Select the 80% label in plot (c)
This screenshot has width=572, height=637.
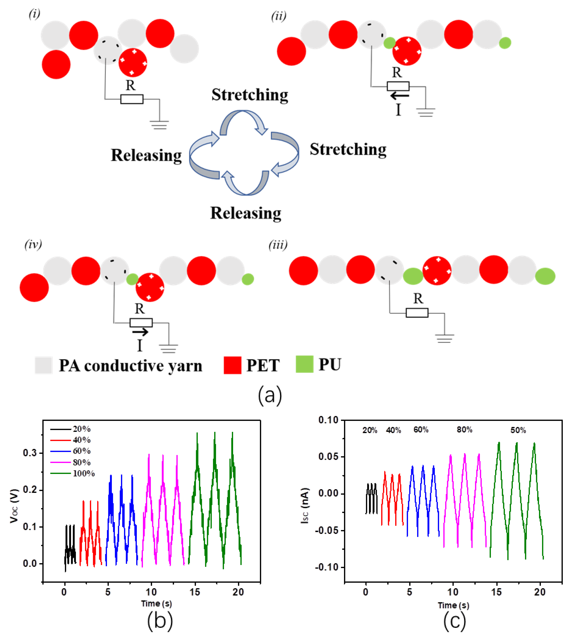[464, 430]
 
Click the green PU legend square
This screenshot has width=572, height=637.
[304, 364]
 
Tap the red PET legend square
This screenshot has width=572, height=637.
[232, 365]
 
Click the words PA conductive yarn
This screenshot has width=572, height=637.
[130, 366]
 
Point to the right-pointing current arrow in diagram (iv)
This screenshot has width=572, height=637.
[140, 332]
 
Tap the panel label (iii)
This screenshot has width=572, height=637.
[278, 245]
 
